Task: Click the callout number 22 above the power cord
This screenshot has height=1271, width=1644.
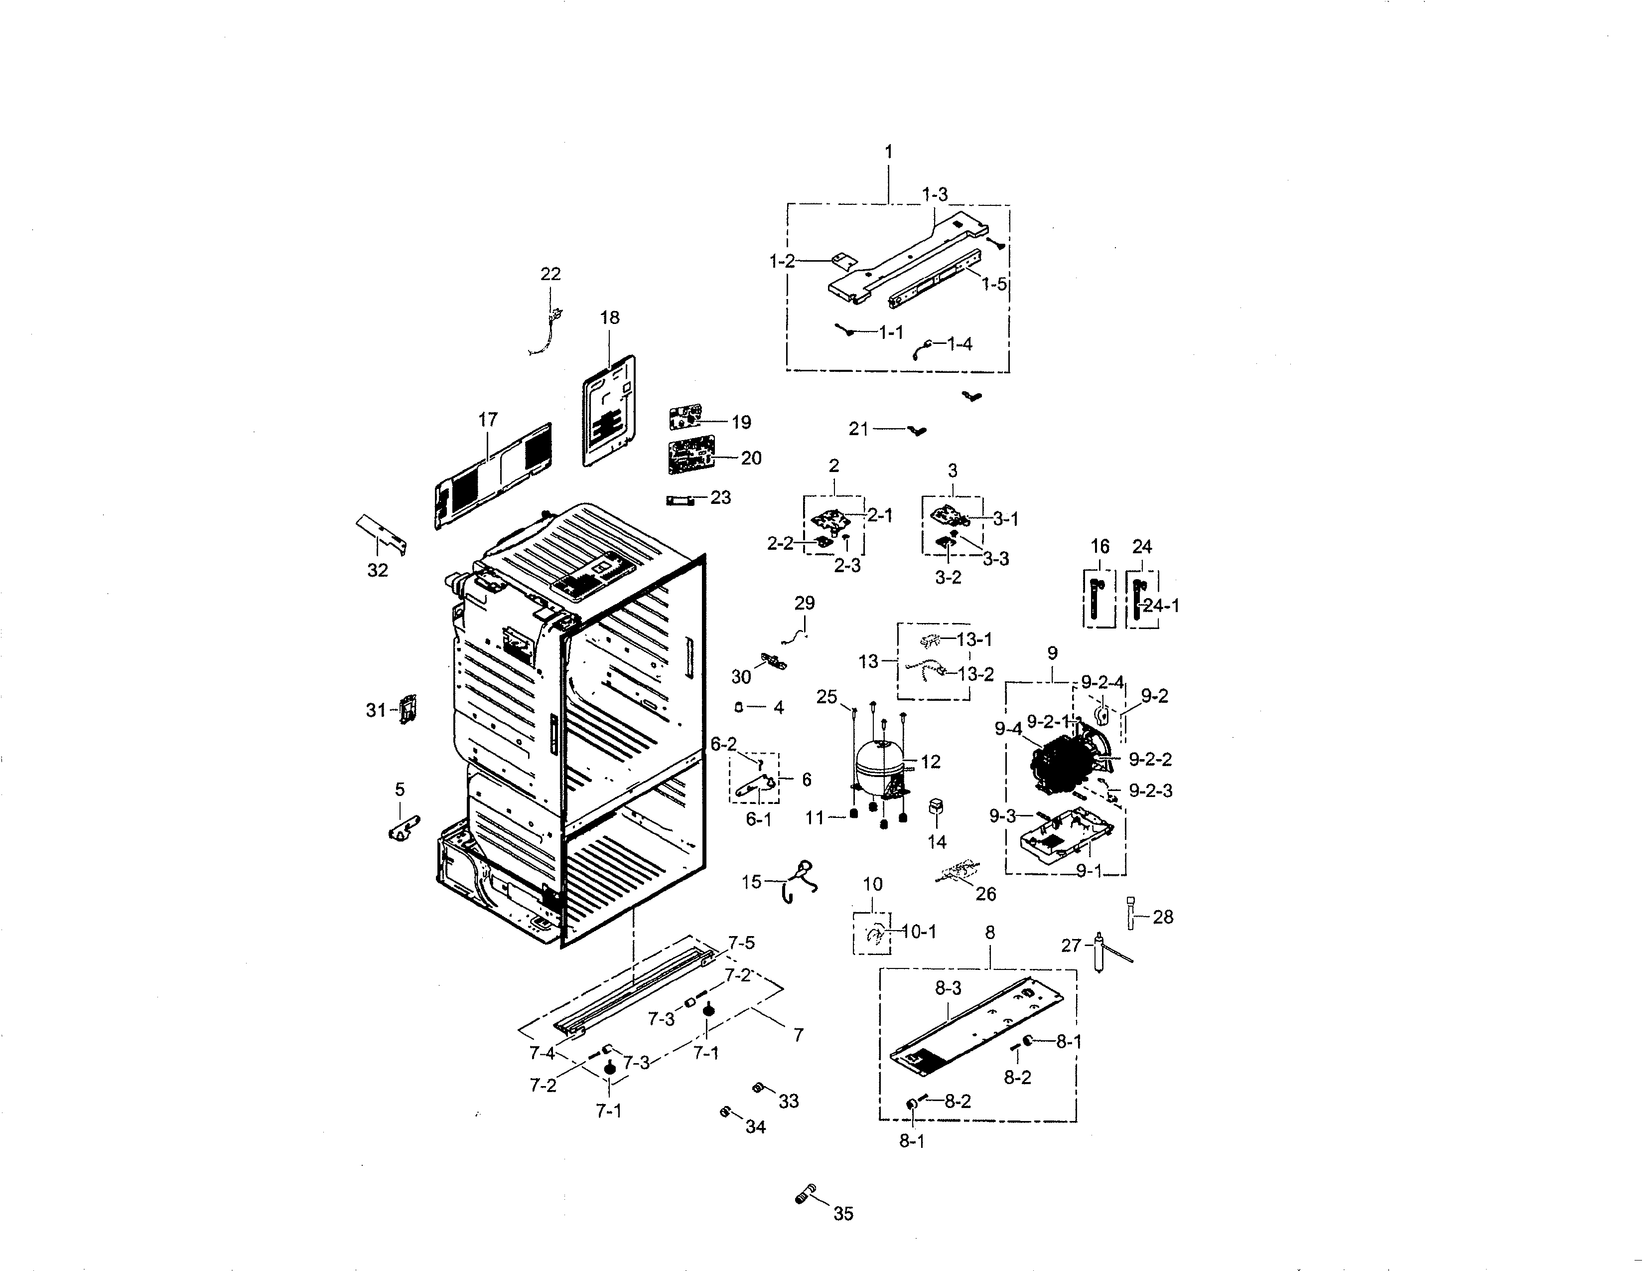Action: [550, 274]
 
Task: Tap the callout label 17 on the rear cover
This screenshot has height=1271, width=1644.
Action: [488, 419]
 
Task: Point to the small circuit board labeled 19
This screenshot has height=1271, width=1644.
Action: [685, 416]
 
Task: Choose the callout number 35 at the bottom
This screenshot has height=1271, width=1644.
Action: [843, 1214]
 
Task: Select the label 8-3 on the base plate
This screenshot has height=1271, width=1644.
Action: [948, 989]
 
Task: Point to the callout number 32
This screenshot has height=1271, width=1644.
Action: [377, 570]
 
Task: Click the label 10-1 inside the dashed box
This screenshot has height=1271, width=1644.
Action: [918, 932]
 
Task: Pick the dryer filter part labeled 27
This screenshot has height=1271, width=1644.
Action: [1100, 954]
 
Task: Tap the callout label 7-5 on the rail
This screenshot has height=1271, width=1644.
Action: [741, 943]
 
